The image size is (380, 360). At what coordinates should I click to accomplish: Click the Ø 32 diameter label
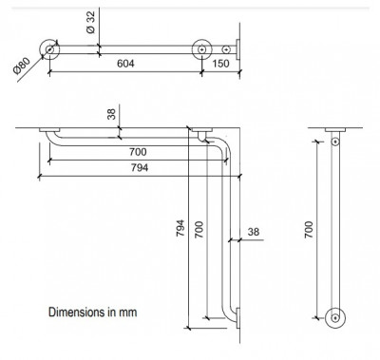[x=90, y=22]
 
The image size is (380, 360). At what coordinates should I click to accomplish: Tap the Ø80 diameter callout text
[x=22, y=66]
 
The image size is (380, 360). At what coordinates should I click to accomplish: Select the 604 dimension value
[x=125, y=64]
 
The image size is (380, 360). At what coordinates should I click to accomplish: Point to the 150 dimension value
[x=220, y=64]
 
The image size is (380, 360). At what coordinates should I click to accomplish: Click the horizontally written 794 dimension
[x=140, y=167]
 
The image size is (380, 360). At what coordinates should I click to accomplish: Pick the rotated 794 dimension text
[x=180, y=228]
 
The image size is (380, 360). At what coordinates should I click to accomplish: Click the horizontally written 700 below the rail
[x=138, y=152]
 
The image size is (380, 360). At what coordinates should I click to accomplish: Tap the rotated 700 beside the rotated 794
[x=199, y=230]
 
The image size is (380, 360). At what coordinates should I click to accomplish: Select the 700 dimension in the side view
[x=309, y=230]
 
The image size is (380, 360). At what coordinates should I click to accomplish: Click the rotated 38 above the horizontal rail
[x=111, y=113]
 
